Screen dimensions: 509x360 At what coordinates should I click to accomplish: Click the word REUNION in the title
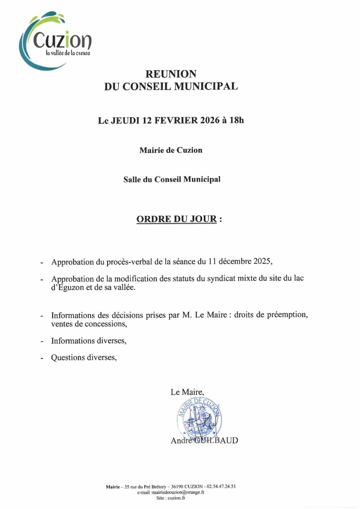171,74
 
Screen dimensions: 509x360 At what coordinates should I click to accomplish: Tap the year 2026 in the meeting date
210,120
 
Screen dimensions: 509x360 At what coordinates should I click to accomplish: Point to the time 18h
237,120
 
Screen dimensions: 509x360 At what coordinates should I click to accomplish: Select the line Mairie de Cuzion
171,150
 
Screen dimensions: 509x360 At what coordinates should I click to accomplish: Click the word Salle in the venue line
132,179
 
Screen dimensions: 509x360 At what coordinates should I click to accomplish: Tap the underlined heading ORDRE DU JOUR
176,219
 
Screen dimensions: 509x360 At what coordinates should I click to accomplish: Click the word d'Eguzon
66,287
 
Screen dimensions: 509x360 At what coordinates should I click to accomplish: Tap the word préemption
287,315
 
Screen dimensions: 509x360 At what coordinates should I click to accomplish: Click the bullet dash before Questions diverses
42,358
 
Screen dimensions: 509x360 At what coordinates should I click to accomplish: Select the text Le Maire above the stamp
187,392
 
